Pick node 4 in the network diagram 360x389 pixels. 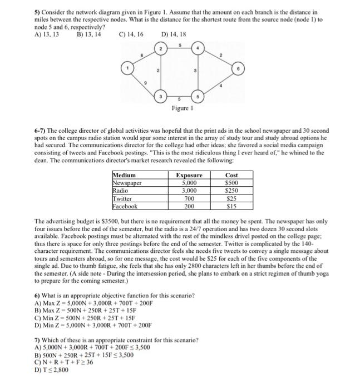(198, 48)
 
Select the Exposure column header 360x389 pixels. (189, 175)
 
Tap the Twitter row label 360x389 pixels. (124, 198)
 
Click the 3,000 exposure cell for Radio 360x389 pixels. (189, 191)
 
